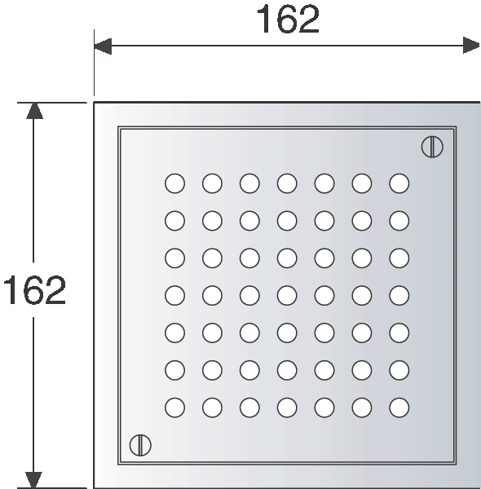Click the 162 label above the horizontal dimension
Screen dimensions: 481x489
click(288, 20)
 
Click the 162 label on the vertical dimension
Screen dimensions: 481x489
click(34, 289)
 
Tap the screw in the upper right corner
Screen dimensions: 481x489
click(432, 147)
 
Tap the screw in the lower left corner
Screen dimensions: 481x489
click(140, 445)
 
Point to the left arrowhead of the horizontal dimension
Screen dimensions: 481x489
click(103, 46)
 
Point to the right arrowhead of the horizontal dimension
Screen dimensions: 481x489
click(471, 46)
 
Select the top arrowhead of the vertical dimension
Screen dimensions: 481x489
click(34, 111)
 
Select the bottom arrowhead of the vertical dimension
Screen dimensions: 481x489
click(33, 480)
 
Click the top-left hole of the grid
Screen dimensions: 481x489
click(174, 183)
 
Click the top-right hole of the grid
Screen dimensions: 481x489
click(399, 183)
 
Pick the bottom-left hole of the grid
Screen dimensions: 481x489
click(174, 407)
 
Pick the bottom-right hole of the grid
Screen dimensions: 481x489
click(399, 407)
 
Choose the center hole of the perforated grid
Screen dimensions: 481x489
click(287, 295)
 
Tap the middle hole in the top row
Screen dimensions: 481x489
click(287, 183)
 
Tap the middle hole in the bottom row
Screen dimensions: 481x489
click(287, 407)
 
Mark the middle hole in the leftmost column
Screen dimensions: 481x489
click(174, 295)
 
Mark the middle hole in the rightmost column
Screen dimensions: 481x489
click(399, 295)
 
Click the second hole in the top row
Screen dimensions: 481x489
click(212, 183)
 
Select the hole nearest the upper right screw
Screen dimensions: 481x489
click(399, 183)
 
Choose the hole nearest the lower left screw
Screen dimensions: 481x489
click(174, 407)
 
